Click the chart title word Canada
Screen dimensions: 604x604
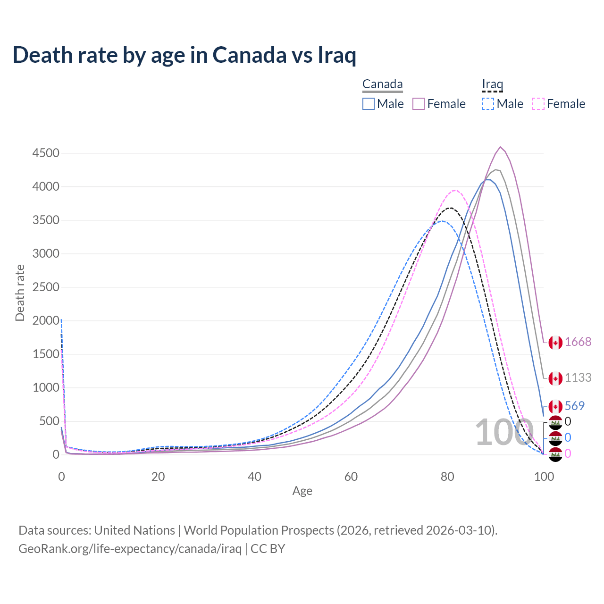pyautogui.click(x=249, y=55)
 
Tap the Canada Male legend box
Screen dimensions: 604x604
pyautogui.click(x=369, y=104)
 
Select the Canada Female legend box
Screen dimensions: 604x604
pyautogui.click(x=419, y=104)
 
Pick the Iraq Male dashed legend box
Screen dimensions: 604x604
pyautogui.click(x=488, y=104)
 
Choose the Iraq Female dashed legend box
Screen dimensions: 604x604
pyautogui.click(x=538, y=104)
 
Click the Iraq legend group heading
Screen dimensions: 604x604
pyautogui.click(x=492, y=84)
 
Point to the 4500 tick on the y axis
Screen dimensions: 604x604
pyautogui.click(x=46, y=153)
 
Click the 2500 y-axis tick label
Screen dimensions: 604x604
pyautogui.click(x=46, y=287)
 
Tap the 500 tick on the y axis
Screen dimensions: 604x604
pyautogui.click(x=49, y=421)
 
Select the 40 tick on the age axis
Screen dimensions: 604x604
pyautogui.click(x=254, y=477)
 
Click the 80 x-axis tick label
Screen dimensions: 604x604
pyautogui.click(x=447, y=477)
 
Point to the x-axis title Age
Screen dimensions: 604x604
pyautogui.click(x=302, y=491)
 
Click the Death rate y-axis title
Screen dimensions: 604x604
pyautogui.click(x=20, y=293)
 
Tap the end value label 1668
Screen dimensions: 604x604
pyautogui.click(x=578, y=342)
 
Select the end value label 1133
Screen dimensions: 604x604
pyautogui.click(x=578, y=377)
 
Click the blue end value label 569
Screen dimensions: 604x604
pyautogui.click(x=575, y=406)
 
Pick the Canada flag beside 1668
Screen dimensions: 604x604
pyautogui.click(x=555, y=343)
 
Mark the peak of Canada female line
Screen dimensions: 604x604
pyautogui.click(x=500, y=147)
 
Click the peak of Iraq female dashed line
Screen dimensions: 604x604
pyautogui.click(x=454, y=190)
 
